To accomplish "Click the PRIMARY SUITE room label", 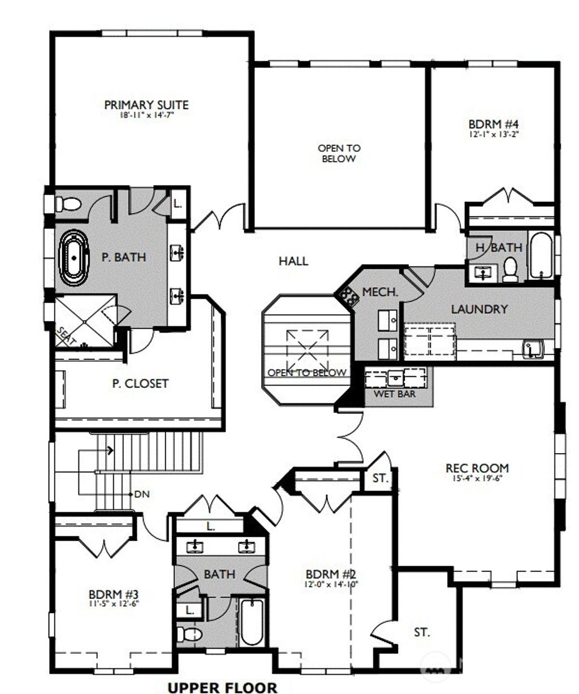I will [146, 105].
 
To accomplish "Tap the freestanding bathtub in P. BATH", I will [74, 257].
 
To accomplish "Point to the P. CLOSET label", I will [140, 383].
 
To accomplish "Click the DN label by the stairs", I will [141, 494].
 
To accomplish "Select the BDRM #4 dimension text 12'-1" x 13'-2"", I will [494, 135].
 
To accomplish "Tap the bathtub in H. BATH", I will [542, 256].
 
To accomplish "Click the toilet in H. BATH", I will [511, 268].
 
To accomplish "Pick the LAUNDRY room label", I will [479, 309].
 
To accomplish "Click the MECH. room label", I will [380, 292].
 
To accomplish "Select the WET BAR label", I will [394, 394].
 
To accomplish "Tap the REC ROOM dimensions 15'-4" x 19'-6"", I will [477, 478].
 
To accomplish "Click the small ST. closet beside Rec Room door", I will [380, 478].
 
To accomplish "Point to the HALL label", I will [293, 261].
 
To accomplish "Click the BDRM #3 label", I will [114, 594].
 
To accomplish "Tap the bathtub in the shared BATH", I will [250, 622].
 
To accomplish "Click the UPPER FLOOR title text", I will [222, 687].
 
